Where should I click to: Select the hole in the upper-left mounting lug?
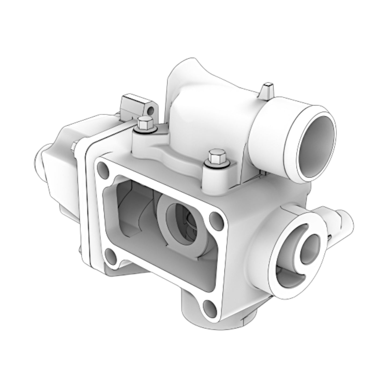point(151,110)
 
